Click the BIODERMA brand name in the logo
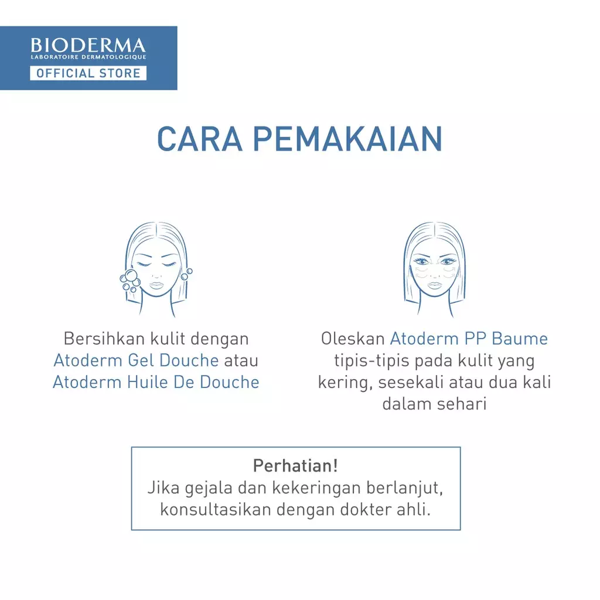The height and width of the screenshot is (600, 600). click(x=88, y=45)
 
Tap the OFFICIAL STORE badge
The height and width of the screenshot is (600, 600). click(x=88, y=73)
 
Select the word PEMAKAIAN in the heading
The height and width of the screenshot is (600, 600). click(x=347, y=139)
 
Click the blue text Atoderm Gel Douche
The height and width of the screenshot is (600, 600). click(x=136, y=360)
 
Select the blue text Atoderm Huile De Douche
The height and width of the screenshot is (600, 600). click(x=156, y=382)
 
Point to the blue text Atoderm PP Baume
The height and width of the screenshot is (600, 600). click(x=469, y=339)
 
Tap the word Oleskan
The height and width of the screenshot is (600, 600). click(x=353, y=339)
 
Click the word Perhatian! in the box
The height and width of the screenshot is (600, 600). click(x=295, y=466)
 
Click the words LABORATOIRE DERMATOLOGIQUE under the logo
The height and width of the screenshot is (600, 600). click(x=88, y=57)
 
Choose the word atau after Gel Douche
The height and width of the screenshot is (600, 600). click(x=241, y=360)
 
